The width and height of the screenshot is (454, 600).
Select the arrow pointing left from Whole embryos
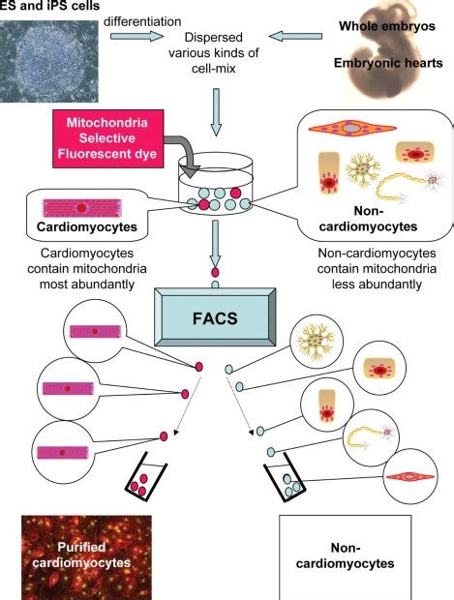(x=294, y=38)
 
